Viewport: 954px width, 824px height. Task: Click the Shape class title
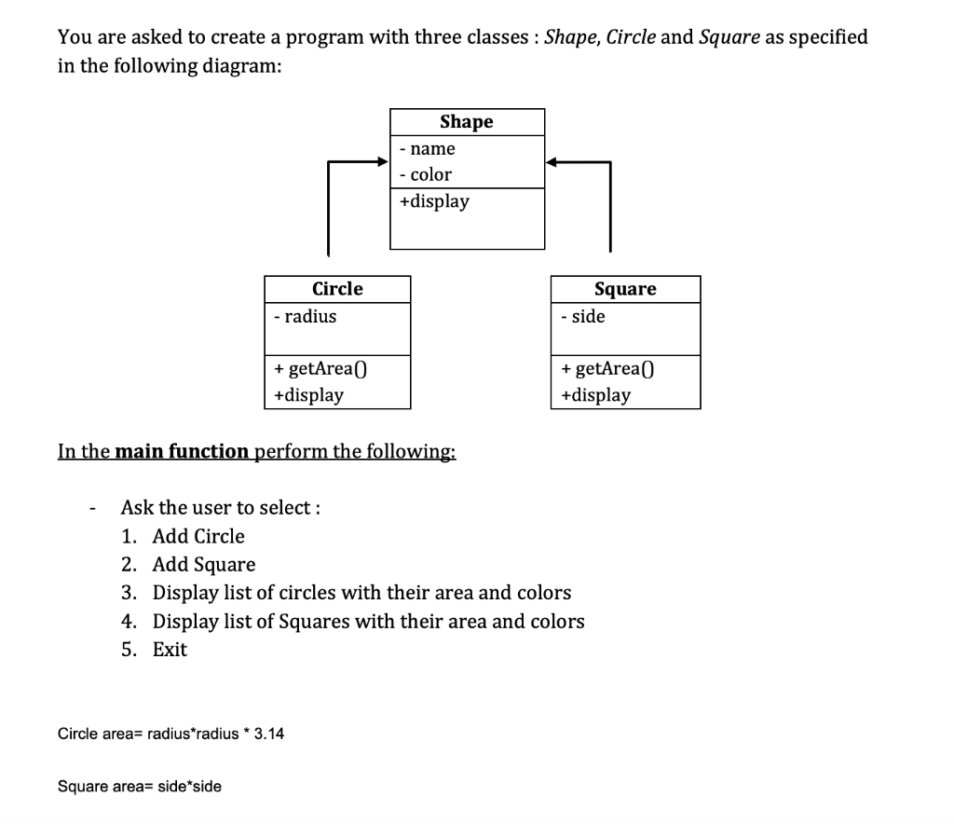(x=466, y=122)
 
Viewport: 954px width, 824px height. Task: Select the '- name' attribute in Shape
(x=427, y=148)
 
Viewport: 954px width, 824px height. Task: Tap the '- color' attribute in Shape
(x=425, y=174)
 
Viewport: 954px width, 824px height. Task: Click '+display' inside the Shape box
(x=434, y=201)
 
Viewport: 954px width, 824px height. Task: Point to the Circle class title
(x=337, y=289)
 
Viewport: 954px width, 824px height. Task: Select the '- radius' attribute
(x=306, y=316)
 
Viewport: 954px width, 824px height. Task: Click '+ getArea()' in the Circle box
(x=321, y=368)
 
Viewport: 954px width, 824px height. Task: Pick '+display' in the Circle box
(x=308, y=394)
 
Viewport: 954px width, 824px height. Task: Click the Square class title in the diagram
(x=625, y=289)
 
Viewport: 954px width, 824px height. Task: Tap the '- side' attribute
(x=583, y=316)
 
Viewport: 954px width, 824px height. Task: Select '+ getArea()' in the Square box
(x=608, y=368)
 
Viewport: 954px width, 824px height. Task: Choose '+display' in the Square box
(x=595, y=394)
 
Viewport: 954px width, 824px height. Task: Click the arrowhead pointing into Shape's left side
(x=382, y=162)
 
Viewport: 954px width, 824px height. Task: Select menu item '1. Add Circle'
(x=184, y=536)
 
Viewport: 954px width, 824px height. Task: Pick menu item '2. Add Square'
(x=188, y=565)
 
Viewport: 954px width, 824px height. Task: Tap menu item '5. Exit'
(x=155, y=650)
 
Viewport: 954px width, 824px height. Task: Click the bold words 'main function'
(x=182, y=452)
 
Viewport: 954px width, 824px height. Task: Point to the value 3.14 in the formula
(x=269, y=734)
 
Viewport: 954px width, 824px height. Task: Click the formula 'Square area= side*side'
(x=140, y=786)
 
